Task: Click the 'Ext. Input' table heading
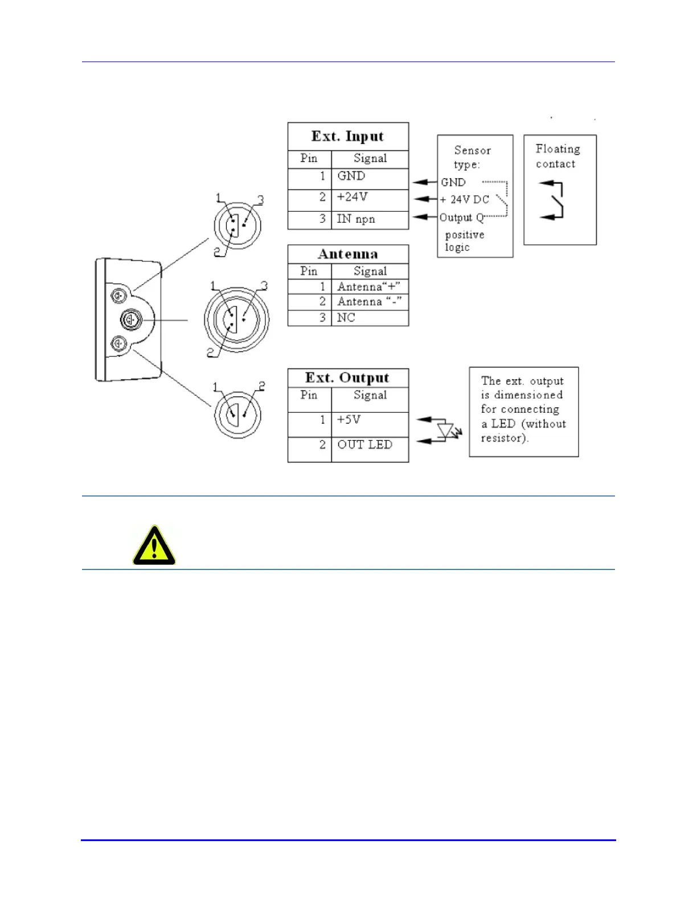347,137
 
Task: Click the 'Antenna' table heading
348,254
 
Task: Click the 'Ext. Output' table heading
347,378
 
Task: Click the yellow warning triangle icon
154,546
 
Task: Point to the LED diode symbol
446,430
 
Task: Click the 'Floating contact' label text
557,157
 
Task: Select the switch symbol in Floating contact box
553,200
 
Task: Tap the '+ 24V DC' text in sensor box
465,200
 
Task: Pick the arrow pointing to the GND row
424,182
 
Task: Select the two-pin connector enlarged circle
237,414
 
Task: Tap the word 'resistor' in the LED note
503,438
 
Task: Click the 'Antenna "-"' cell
369,302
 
